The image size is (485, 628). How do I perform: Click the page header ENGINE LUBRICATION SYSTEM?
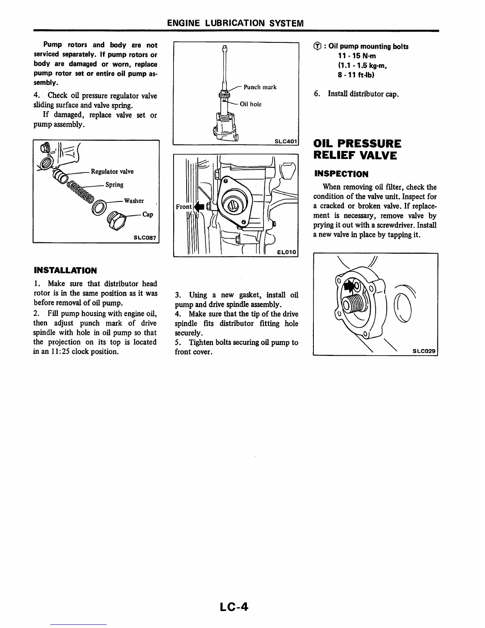pyautogui.click(x=235, y=23)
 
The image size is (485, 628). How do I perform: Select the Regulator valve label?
pyautogui.click(x=112, y=171)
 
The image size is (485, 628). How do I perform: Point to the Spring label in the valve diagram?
pyautogui.click(x=114, y=184)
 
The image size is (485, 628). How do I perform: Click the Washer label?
pyautogui.click(x=134, y=201)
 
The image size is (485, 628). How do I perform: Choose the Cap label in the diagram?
pyautogui.click(x=148, y=214)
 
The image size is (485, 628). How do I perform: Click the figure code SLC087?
pyautogui.click(x=145, y=238)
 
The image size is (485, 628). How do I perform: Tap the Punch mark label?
pyautogui.click(x=260, y=87)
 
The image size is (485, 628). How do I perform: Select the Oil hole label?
pyautogui.click(x=250, y=104)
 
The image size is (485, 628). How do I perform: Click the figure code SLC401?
pyautogui.click(x=285, y=141)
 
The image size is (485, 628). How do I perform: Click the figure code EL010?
pyautogui.click(x=287, y=252)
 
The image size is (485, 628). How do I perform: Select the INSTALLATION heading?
pyautogui.click(x=65, y=271)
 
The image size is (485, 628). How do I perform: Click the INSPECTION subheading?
pyautogui.click(x=341, y=174)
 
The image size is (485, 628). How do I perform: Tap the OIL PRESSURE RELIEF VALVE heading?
pyautogui.click(x=357, y=149)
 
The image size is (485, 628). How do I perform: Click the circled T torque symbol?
pyautogui.click(x=317, y=47)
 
